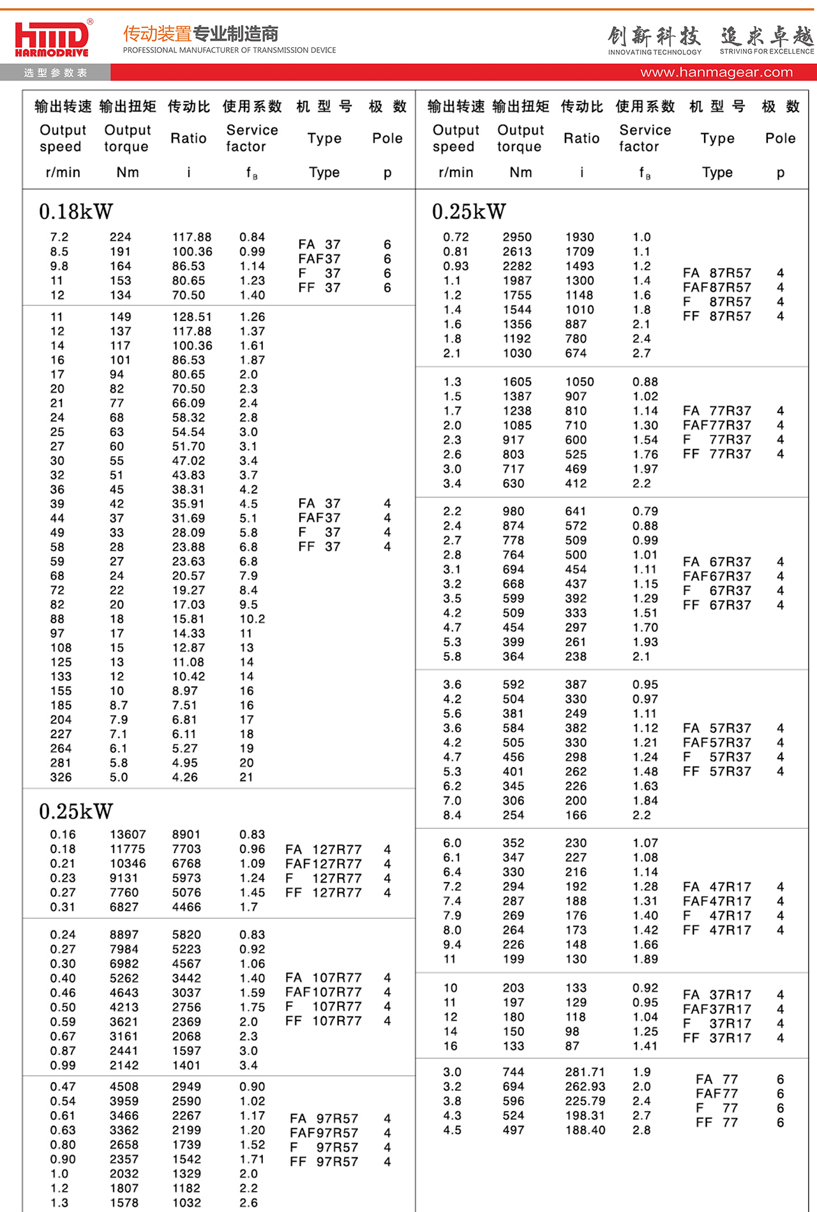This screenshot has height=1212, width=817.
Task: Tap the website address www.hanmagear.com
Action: pos(716,72)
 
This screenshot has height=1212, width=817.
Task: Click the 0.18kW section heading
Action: pos(76,211)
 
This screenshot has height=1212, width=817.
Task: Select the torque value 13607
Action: pos(128,835)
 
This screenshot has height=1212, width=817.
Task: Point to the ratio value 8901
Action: pos(186,835)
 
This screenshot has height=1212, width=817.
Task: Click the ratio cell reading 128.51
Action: pos(191,317)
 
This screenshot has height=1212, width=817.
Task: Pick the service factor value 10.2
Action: pos(252,619)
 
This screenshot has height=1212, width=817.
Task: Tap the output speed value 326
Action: pos(61,777)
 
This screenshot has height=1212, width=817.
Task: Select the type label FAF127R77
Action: pos(324,864)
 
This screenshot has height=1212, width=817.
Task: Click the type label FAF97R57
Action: pos(324,1133)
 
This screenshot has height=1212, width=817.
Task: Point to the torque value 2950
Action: pos(516,237)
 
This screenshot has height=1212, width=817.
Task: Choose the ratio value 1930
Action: pos(580,237)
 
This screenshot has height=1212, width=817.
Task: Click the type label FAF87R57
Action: pos(717,287)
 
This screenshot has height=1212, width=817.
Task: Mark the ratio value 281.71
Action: pos(585,1072)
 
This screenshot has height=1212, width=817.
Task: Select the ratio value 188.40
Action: pos(585,1130)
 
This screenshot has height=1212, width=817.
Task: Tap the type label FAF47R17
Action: pos(717,901)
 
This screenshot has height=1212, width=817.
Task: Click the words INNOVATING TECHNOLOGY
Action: pos(654,52)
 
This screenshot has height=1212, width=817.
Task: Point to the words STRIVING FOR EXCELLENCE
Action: pos(767,52)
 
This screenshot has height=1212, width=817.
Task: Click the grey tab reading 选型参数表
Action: pos(56,73)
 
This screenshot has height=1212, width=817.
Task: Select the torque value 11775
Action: pos(128,849)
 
